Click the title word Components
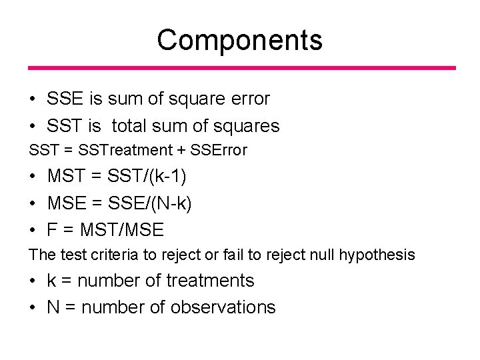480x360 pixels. click(x=239, y=40)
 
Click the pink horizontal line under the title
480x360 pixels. click(x=241, y=68)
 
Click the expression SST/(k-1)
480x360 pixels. click(x=147, y=177)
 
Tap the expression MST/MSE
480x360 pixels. click(x=121, y=230)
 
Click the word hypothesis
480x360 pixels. click(x=377, y=255)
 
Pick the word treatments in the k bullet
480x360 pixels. click(x=210, y=281)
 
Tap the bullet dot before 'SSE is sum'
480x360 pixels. click(x=33, y=99)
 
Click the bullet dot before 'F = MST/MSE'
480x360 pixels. click(x=33, y=231)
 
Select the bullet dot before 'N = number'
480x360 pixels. click(x=33, y=308)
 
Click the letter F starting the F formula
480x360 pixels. click(x=52, y=230)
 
